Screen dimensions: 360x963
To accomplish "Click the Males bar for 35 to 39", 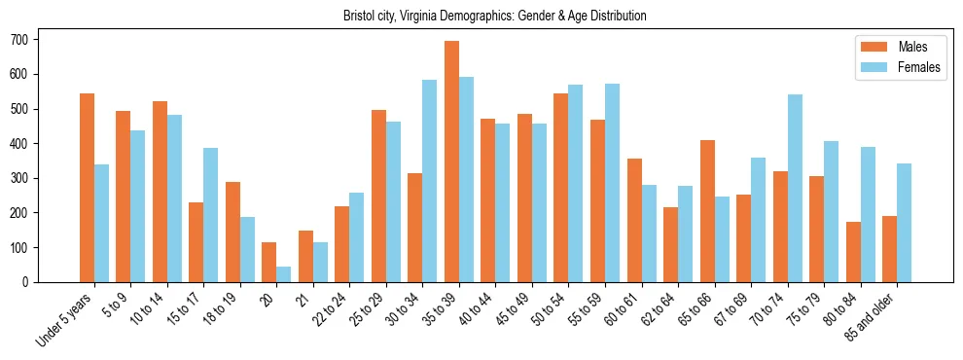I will click(x=451, y=162).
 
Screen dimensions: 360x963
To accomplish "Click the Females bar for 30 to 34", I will click(x=430, y=181).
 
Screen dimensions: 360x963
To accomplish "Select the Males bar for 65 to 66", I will click(x=707, y=211).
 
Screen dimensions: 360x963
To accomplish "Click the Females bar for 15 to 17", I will click(x=211, y=215).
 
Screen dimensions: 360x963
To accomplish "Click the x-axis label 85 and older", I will click(x=878, y=317).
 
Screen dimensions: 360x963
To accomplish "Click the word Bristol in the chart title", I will click(x=359, y=16).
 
